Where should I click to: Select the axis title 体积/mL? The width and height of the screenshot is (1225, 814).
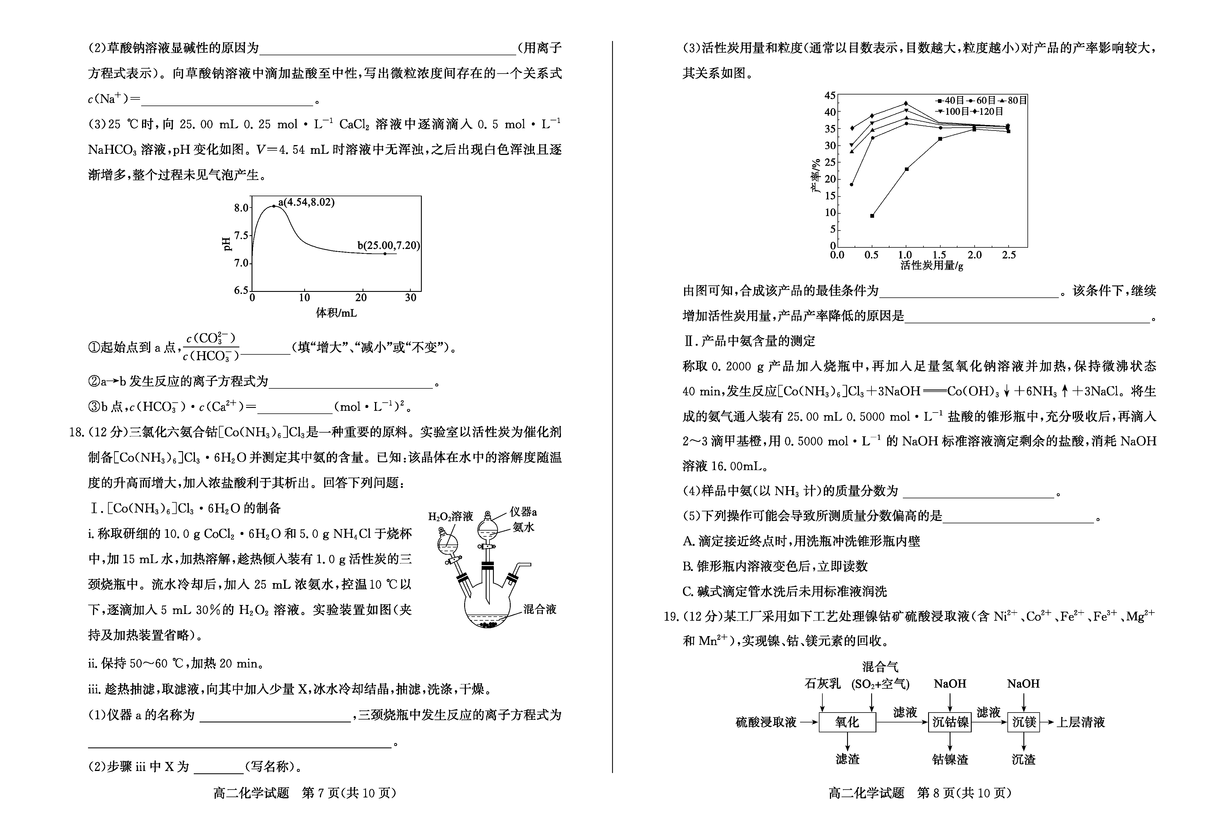tap(336, 313)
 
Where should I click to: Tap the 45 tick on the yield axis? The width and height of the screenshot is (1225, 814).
tap(830, 96)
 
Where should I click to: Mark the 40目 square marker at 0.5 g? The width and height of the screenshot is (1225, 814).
tap(872, 215)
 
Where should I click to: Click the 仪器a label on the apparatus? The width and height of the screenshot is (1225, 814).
tap(523, 512)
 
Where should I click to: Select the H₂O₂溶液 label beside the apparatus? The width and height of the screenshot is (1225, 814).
tap(450, 516)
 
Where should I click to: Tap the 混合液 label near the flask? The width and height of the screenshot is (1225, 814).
tap(539, 609)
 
